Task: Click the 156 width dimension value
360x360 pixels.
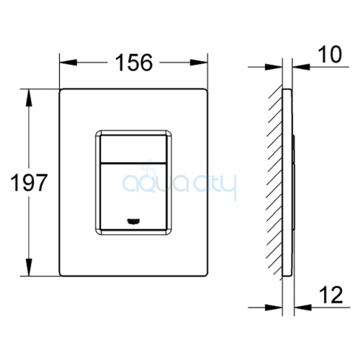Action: point(134,63)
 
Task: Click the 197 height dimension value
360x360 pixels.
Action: point(29,183)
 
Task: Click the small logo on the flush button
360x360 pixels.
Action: point(133,221)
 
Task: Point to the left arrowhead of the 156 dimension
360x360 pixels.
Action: point(68,63)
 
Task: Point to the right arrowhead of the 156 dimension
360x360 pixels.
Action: point(199,63)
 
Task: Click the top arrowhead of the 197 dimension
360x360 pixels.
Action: point(29,98)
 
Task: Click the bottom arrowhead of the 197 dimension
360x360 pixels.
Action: point(29,267)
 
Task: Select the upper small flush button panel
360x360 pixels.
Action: point(133,149)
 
